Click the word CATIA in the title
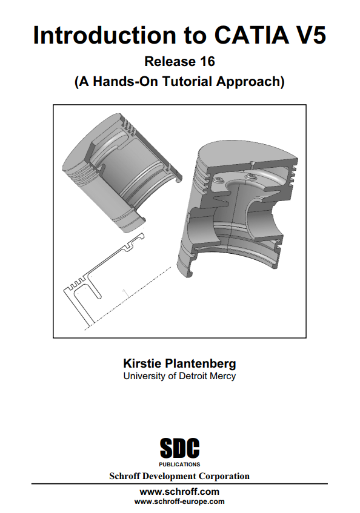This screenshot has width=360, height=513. point(252,35)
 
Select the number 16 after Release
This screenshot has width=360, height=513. point(208,62)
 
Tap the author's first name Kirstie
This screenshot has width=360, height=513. point(142,363)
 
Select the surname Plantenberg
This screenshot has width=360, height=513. point(201,364)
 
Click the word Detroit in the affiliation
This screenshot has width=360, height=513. point(193,376)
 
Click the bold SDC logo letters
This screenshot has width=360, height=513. point(179,448)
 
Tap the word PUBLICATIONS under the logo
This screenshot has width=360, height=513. point(179,465)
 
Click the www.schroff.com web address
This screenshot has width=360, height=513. point(179,492)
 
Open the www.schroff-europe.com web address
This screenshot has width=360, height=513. point(179,501)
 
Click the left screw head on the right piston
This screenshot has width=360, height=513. point(218,180)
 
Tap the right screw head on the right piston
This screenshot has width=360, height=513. point(252,177)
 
